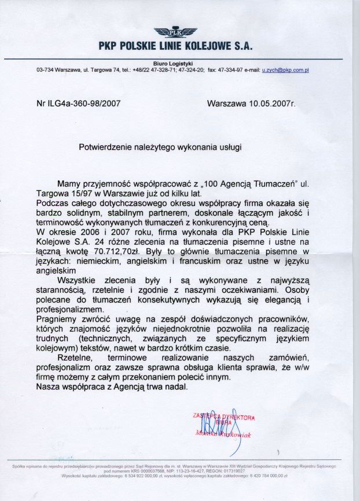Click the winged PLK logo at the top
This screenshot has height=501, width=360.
175,31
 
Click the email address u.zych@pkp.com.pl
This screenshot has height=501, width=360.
285,70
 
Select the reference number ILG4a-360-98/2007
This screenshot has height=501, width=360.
83,105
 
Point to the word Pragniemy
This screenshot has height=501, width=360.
58,319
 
